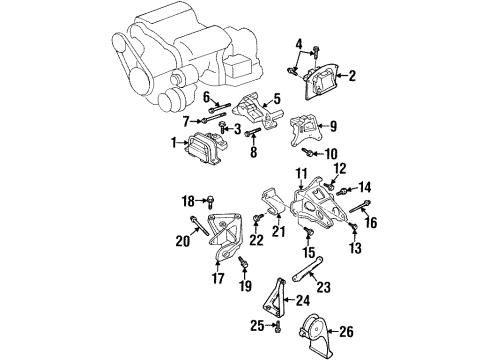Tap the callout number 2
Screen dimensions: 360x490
(x=352, y=74)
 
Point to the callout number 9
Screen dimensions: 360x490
(x=333, y=127)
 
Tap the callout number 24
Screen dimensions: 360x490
(x=301, y=299)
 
